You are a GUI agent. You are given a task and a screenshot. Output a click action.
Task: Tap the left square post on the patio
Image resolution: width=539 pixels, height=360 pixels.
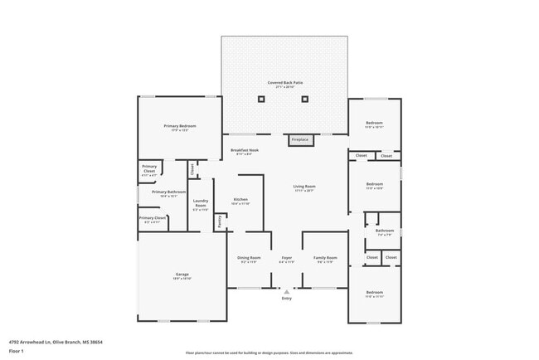[262, 100]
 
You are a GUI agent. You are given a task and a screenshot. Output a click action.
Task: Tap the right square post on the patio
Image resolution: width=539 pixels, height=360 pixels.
[305, 100]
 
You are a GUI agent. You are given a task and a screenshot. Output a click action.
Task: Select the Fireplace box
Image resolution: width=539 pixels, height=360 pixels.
[299, 140]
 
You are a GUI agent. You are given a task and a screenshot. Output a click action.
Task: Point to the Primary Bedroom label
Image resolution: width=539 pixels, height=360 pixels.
[180, 127]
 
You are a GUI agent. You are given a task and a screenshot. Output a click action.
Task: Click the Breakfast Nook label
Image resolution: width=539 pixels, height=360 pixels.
[245, 152]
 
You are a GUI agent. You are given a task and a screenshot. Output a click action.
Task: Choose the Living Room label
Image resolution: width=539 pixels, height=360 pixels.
[304, 187]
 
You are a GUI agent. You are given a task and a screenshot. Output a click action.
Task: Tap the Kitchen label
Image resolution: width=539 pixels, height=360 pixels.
[240, 200]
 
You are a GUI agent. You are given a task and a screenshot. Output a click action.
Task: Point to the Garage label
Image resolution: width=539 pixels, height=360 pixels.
[182, 275]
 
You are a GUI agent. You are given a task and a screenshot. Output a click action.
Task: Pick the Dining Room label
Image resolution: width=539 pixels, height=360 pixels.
[250, 258]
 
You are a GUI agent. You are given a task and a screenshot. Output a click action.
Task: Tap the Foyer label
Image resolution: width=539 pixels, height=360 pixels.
[286, 258]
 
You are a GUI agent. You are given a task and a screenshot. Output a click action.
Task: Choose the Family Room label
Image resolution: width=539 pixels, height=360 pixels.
[324, 258]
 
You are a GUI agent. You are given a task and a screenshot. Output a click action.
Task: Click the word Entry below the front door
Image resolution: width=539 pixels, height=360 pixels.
[287, 299]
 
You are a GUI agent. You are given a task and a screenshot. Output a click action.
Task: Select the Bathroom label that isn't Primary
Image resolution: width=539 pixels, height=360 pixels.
[384, 231]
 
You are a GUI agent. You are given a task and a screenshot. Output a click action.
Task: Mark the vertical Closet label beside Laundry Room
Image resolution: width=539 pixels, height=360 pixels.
[192, 169]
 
